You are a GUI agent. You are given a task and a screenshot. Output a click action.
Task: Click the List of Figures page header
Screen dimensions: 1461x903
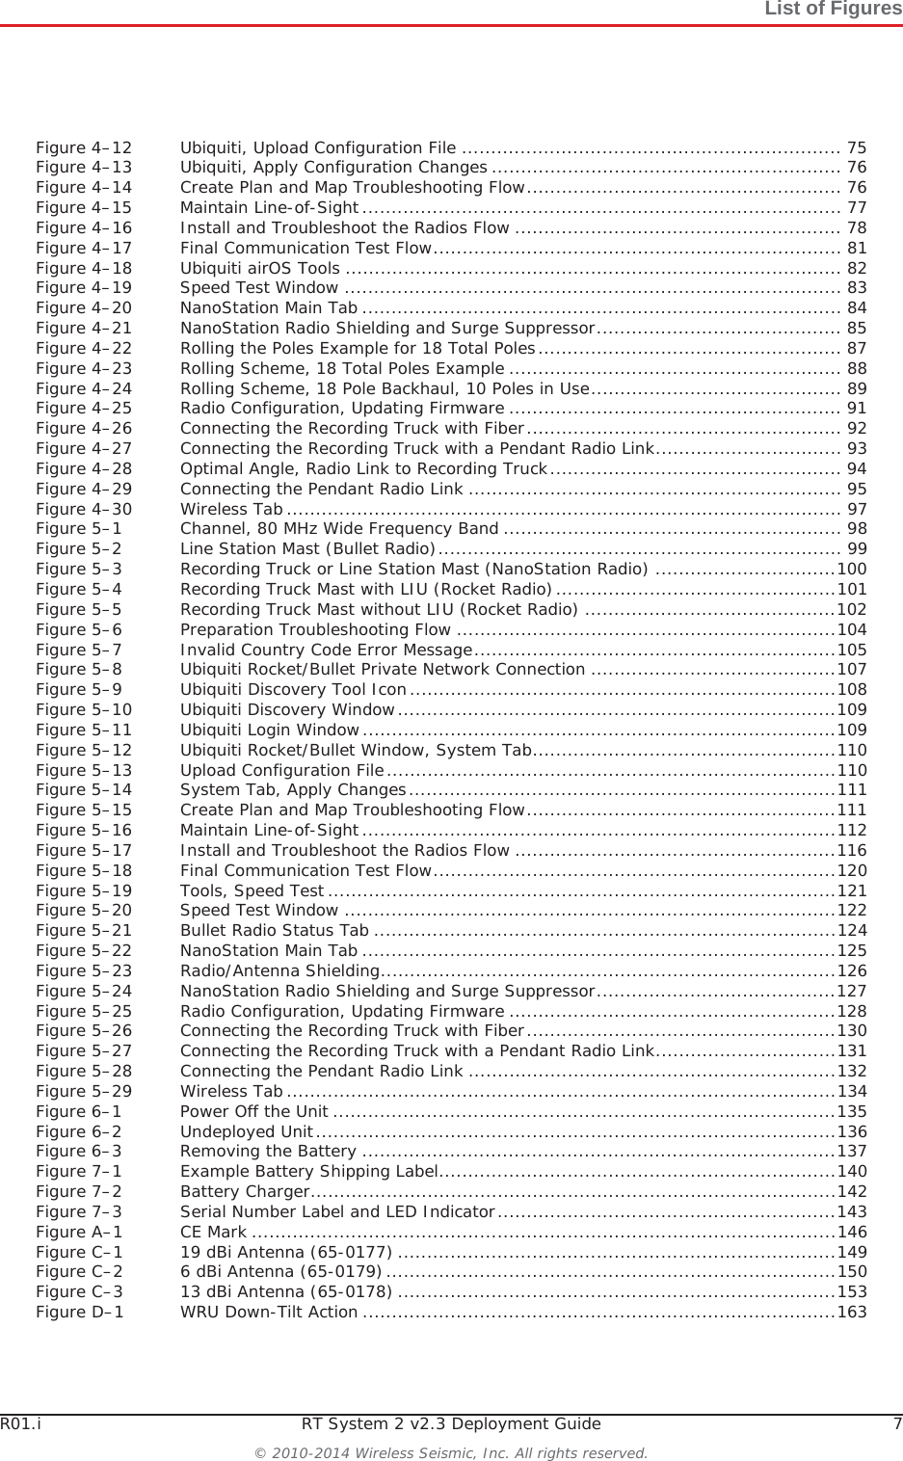point(833,10)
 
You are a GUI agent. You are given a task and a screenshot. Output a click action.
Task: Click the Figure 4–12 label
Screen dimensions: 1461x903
point(84,147)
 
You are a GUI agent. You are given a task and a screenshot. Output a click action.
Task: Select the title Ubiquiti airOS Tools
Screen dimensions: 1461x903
point(259,268)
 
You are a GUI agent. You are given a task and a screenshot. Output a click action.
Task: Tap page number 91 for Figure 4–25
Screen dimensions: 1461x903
point(856,409)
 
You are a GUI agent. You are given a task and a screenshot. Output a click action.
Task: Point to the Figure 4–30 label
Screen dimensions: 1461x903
point(84,509)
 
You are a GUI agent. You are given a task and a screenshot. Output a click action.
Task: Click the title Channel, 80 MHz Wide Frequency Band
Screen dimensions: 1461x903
point(339,529)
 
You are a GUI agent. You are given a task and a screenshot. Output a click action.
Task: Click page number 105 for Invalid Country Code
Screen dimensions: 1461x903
point(852,650)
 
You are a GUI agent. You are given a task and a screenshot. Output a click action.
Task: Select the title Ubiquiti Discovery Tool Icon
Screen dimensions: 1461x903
point(293,690)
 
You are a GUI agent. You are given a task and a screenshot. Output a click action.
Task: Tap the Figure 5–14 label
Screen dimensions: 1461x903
point(84,790)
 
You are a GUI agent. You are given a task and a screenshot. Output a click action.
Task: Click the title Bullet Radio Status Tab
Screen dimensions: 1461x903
point(275,931)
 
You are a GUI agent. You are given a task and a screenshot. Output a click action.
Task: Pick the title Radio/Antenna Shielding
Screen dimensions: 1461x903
point(279,970)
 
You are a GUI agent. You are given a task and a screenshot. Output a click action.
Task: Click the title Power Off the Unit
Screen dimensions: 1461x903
point(253,1111)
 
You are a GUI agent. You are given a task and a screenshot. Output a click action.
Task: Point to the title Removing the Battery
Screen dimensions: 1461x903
point(268,1152)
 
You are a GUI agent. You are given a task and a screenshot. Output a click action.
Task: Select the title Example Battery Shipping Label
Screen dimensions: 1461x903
point(309,1172)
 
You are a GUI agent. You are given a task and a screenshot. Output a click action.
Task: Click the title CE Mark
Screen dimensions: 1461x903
point(213,1232)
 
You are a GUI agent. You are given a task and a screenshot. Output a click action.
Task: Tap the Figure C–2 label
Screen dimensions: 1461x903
point(79,1272)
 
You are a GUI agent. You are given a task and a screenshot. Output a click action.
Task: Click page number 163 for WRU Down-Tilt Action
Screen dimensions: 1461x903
point(852,1313)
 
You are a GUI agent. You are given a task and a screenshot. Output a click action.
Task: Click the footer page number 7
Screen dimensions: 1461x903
point(897,1424)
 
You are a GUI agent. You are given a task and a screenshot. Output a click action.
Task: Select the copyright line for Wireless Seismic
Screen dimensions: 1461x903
point(451,1452)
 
